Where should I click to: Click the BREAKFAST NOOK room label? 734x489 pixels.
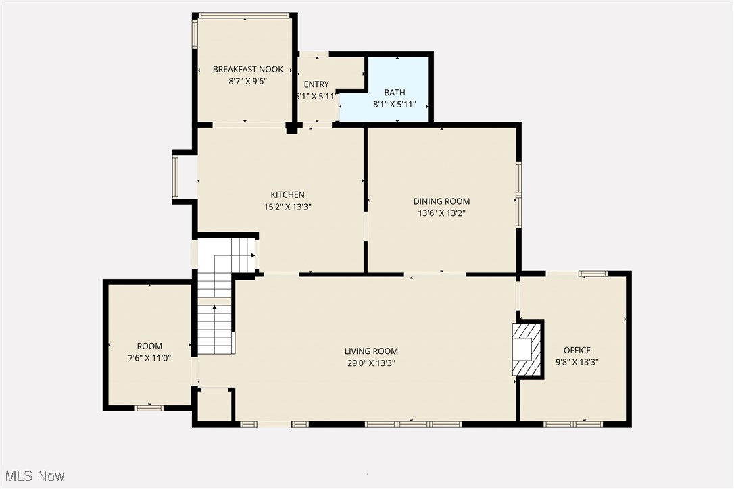coord(247,69)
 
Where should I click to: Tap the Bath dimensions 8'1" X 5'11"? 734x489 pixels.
coord(394,105)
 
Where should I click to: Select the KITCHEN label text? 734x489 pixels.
coord(287,195)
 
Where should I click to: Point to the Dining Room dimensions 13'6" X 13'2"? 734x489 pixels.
coord(441,213)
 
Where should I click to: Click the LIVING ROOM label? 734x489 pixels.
coord(371,351)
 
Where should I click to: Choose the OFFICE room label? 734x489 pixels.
coord(577,350)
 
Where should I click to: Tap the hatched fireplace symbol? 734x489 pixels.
coord(527,349)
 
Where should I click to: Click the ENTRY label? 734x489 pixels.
coord(316,84)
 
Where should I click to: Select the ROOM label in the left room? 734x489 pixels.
coord(149,346)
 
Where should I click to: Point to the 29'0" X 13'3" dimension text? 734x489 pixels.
coord(371,363)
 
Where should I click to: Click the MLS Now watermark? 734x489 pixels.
coord(33,476)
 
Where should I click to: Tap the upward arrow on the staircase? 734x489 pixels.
coord(216,309)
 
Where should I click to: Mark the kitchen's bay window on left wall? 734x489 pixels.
coord(176,177)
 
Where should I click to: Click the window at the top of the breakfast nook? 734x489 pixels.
coord(244,16)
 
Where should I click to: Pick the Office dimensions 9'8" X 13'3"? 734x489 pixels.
coord(577,361)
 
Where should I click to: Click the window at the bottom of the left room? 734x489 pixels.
coord(149,407)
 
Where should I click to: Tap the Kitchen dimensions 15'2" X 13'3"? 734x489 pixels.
coord(287,207)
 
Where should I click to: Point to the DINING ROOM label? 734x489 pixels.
coord(441,201)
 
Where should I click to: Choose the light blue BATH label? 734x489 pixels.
coord(394,93)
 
